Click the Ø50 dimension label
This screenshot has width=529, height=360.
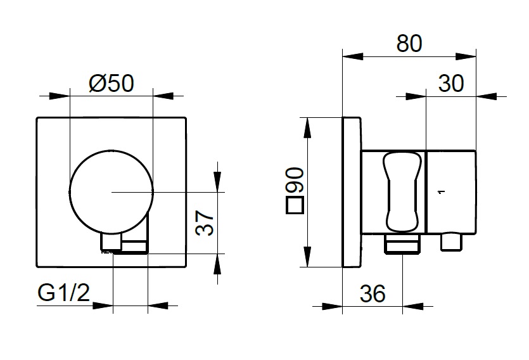(x=112, y=83)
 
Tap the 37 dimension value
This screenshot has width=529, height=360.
(x=205, y=222)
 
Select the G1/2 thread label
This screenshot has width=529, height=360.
(x=64, y=292)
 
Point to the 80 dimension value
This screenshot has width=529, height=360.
(x=409, y=43)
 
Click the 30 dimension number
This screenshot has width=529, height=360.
(x=451, y=83)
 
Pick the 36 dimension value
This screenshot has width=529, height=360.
(x=373, y=293)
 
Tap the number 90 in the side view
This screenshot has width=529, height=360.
(x=295, y=181)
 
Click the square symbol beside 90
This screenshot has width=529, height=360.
(x=294, y=205)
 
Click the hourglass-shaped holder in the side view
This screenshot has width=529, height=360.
(x=402, y=192)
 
